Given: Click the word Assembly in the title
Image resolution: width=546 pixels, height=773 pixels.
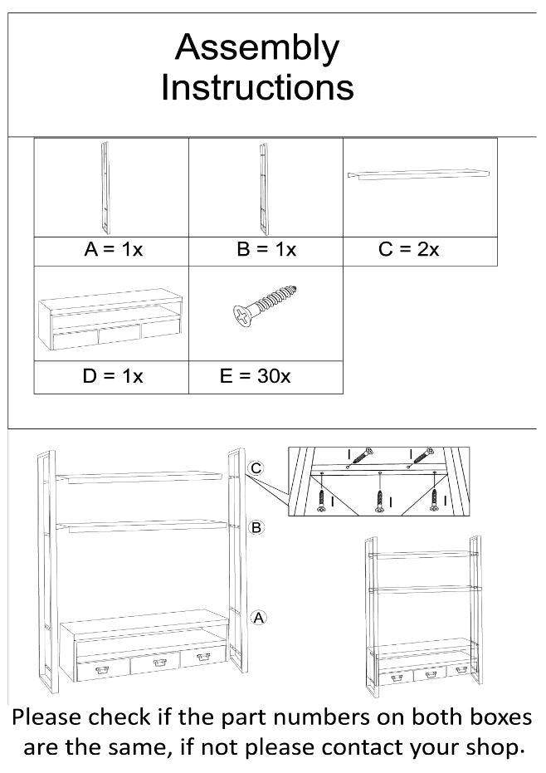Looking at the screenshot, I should (x=256, y=50).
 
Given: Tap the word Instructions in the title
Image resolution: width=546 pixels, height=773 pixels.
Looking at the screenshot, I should (x=257, y=87).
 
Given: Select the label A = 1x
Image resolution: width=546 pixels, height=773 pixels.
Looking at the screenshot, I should (x=114, y=250).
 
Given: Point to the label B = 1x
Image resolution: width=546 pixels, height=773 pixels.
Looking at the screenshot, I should (x=266, y=250).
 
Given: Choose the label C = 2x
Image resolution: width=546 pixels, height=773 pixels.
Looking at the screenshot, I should (x=408, y=250).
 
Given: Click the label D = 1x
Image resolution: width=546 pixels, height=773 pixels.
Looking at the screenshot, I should (x=113, y=376).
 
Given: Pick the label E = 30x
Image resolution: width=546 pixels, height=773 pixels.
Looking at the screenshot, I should (x=255, y=376).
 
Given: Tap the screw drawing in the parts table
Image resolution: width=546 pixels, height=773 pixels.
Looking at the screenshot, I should (x=265, y=307).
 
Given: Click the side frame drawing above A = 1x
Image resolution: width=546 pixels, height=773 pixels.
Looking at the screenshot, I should (x=105, y=188).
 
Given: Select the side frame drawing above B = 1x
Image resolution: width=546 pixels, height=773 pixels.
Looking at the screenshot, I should (x=262, y=188).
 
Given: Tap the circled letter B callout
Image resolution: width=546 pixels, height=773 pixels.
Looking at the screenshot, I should (x=257, y=527).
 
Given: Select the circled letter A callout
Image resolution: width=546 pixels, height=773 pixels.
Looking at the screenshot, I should (x=258, y=617).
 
